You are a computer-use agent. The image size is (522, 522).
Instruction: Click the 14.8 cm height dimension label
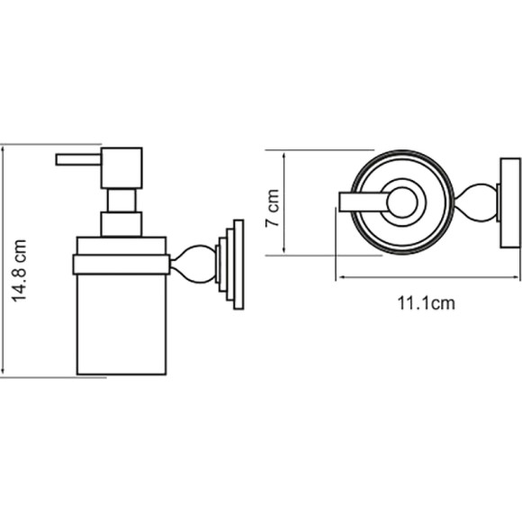tap(19, 270)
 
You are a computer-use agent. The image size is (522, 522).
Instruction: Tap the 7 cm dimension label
tap(273, 208)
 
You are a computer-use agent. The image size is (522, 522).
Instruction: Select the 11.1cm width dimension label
tap(426, 303)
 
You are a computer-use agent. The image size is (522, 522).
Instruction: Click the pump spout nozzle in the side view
tap(78, 159)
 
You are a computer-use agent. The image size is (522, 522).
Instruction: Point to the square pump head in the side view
tap(121, 168)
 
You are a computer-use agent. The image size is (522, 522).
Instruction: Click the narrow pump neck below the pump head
tap(121, 201)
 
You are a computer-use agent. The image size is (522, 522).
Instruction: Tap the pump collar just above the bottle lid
tap(121, 224)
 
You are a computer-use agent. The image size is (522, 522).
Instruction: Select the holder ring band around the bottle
tap(121, 265)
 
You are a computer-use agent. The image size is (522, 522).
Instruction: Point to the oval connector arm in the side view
tap(193, 265)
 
